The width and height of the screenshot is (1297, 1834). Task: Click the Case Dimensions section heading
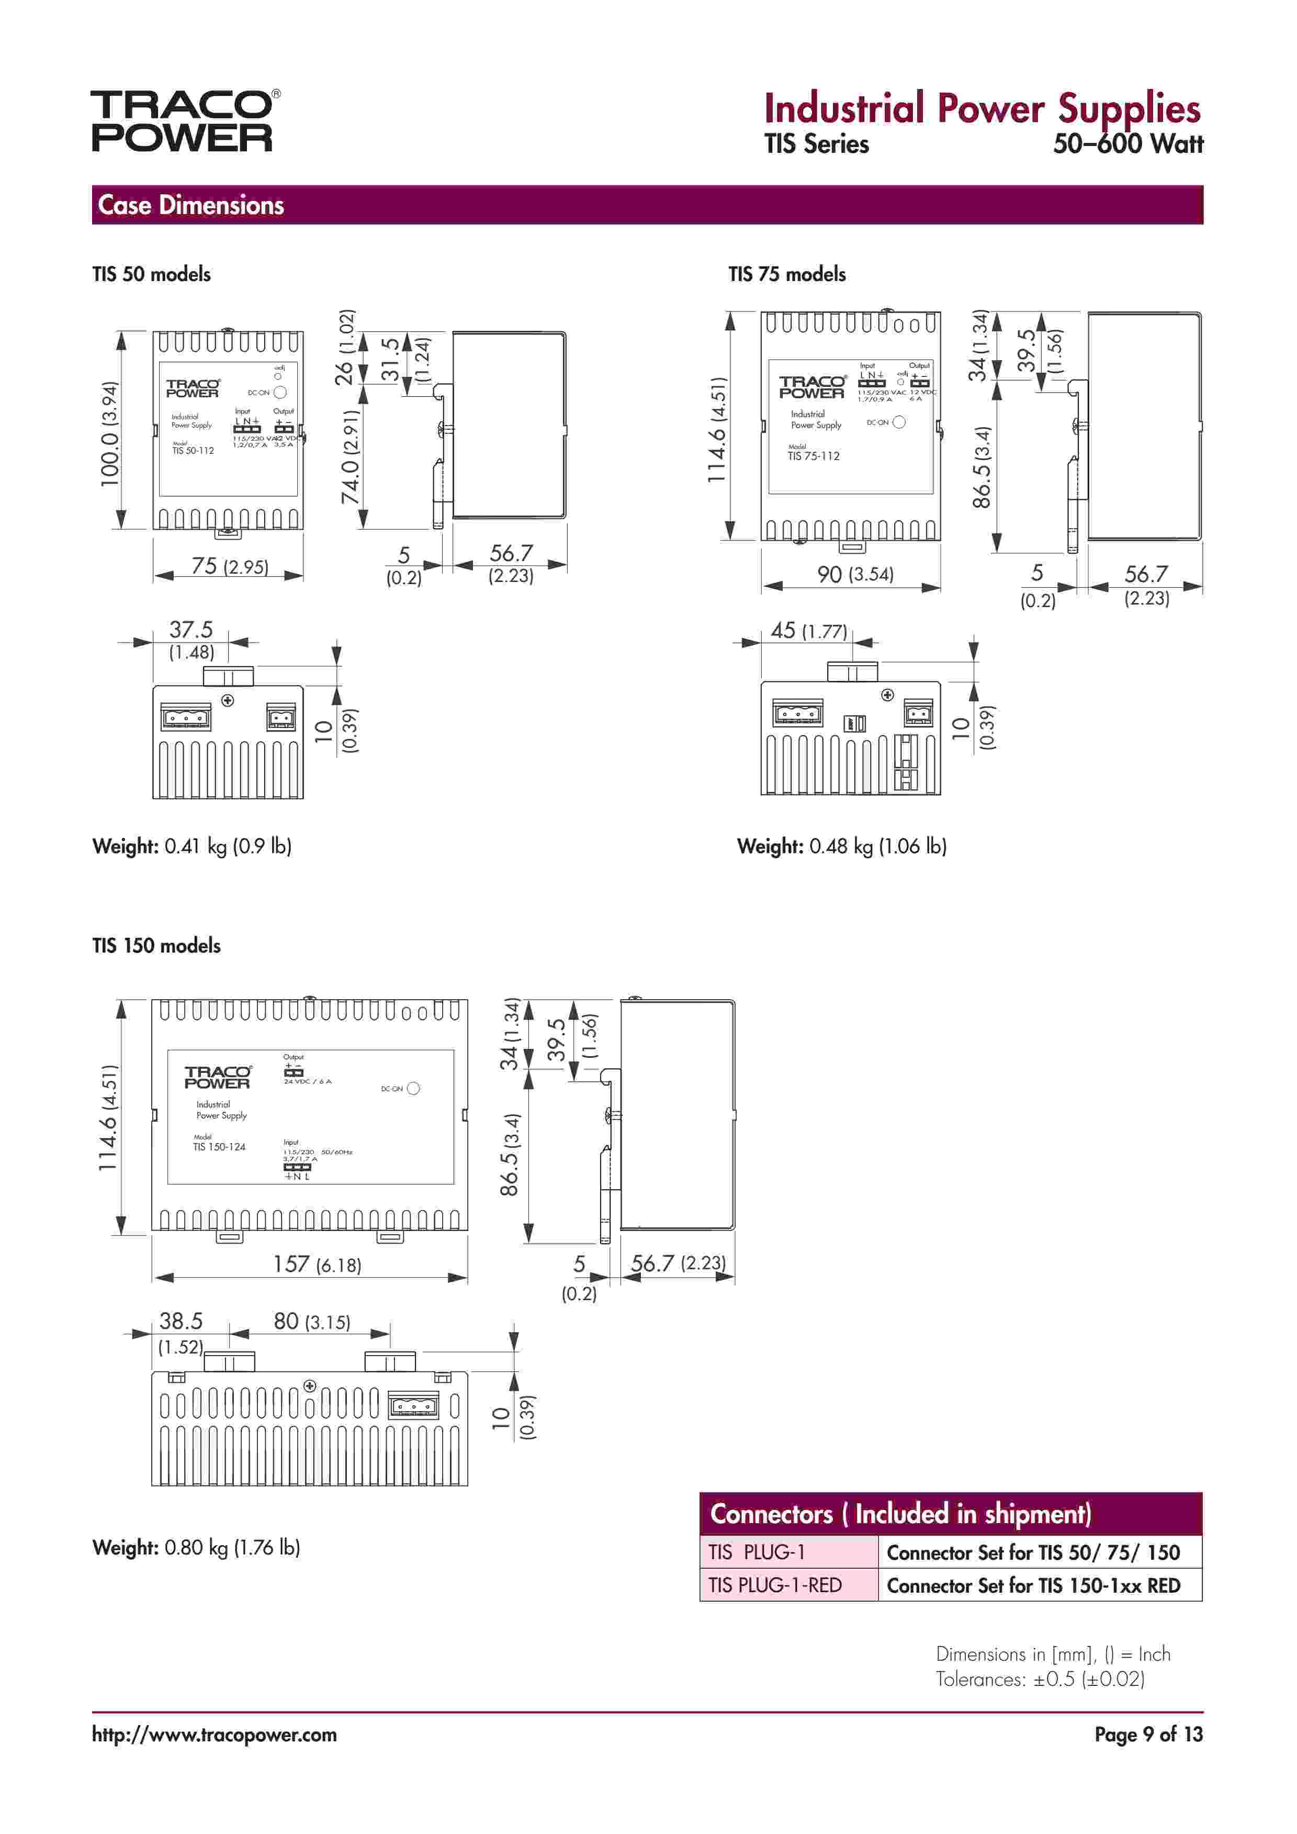[x=191, y=205]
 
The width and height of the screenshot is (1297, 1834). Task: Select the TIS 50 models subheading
[x=152, y=274]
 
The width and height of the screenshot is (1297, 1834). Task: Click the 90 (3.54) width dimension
[x=854, y=574]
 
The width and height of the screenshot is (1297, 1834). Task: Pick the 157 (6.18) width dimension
[x=317, y=1265]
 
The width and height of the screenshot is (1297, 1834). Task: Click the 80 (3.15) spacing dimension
[x=311, y=1321]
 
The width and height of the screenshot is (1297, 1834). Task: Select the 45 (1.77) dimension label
[x=808, y=631]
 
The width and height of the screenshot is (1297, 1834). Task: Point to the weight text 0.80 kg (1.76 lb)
[x=232, y=1547]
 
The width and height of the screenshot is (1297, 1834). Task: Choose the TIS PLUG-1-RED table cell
[x=775, y=1585]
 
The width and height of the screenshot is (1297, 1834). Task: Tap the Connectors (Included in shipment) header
[x=900, y=1514]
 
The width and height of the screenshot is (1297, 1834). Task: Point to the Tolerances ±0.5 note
[x=1040, y=1679]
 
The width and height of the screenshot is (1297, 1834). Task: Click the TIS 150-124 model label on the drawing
[x=219, y=1147]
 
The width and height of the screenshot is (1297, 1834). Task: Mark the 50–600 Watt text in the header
[x=1127, y=144]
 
